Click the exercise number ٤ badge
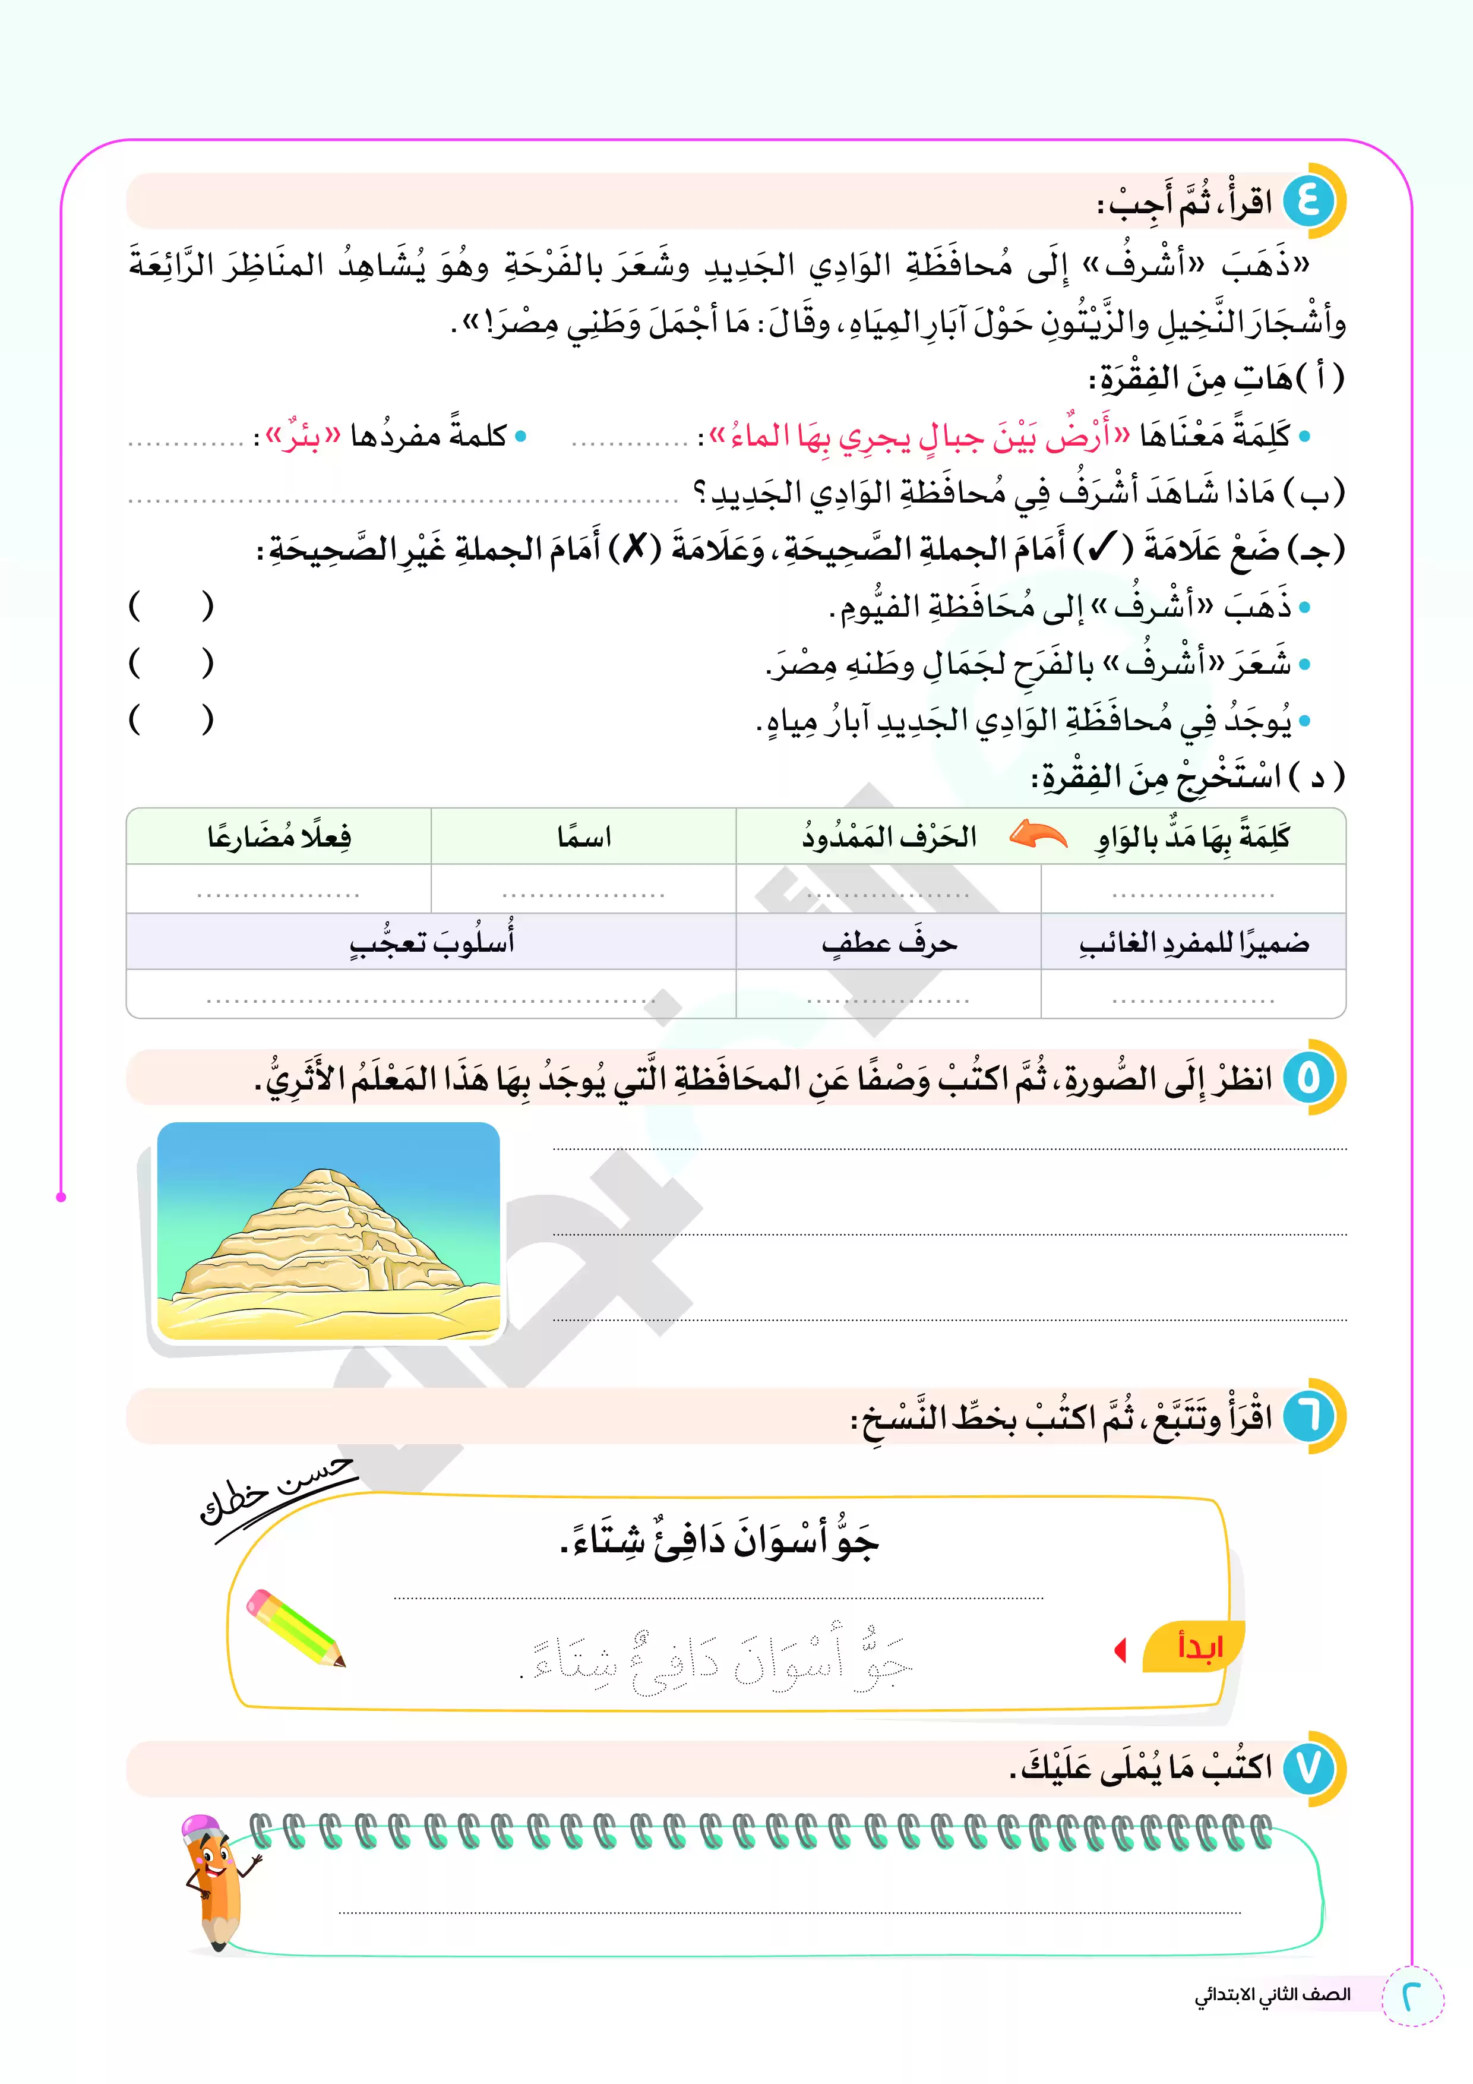pos(1308,201)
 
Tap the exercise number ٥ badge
pos(1308,1078)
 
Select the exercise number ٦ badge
pos(1308,1416)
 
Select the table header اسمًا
pos(584,836)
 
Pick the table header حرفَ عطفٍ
pos(889,943)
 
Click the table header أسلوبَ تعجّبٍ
pos(432,943)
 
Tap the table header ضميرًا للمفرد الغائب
pos(1193,943)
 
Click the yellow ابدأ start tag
pos(1197,1646)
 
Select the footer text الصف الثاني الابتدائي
pos(1272,1994)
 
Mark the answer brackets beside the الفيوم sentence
pos(170,605)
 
